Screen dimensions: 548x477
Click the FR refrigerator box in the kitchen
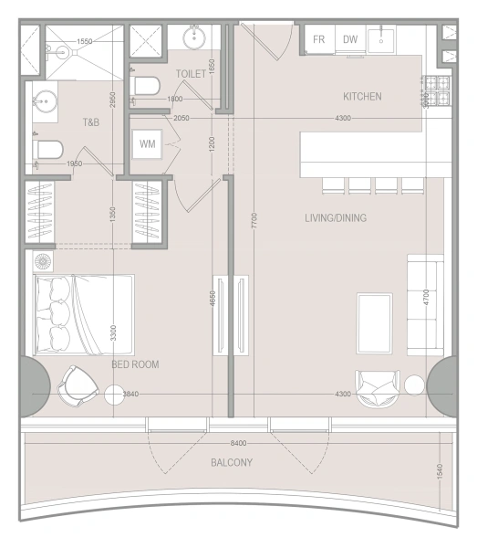[319, 39]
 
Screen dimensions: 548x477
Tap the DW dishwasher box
[350, 39]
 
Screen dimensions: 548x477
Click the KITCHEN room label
[361, 96]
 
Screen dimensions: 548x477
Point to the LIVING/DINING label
[335, 217]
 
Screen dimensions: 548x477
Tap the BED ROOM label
[135, 364]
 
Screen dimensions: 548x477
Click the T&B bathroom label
[91, 122]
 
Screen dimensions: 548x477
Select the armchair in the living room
[378, 387]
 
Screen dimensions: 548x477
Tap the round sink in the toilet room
[193, 37]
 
